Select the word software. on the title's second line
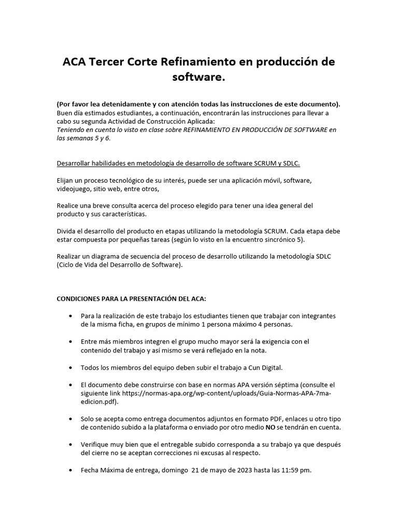[199, 78]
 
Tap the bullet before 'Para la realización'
[70, 316]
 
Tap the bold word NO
[270, 428]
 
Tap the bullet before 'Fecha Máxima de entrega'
[70, 470]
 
